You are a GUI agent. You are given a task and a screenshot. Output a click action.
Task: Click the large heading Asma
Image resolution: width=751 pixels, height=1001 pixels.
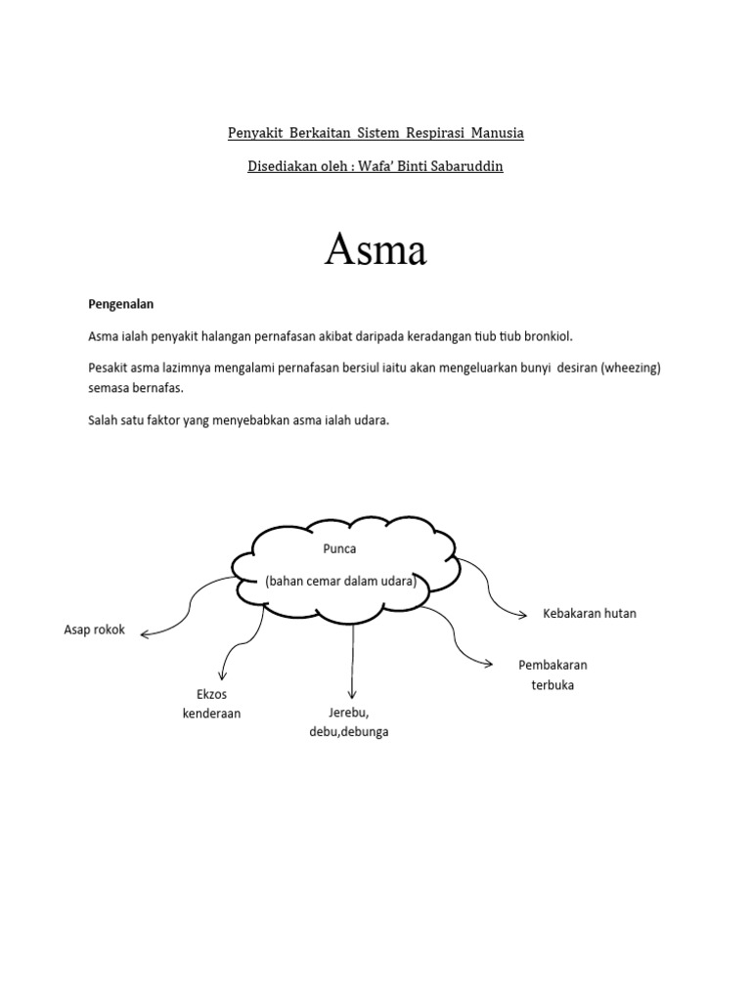pos(375,250)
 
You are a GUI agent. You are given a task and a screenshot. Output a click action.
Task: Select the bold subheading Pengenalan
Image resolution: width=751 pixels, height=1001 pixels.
pos(121,304)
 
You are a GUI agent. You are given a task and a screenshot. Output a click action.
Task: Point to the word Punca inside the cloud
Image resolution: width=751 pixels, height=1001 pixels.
pos(339,548)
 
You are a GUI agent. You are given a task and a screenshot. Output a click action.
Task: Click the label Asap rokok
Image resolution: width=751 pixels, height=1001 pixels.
pos(95,630)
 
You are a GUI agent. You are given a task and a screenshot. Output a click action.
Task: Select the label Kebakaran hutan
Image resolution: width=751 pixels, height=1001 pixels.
pos(590,613)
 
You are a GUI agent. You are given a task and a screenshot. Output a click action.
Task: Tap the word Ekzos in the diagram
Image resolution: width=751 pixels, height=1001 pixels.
pos(211,694)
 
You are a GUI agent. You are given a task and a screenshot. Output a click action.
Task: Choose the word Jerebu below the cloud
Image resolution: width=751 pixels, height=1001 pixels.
pos(347,712)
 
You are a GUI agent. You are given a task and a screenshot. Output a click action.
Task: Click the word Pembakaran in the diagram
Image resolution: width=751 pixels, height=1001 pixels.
pos(552,665)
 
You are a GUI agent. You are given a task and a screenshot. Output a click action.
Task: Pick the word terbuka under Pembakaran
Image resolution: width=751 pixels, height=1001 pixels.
pos(552,684)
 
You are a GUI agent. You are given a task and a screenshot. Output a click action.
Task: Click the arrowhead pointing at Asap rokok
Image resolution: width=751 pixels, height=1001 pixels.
pos(146,634)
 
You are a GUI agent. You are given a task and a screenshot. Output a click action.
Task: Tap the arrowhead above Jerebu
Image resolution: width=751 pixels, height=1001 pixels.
pos(352,693)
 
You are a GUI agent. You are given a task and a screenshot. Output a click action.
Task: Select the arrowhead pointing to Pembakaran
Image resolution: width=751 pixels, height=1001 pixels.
pos(488,664)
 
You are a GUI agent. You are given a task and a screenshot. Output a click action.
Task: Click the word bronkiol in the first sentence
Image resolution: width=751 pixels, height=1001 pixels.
pos(550,335)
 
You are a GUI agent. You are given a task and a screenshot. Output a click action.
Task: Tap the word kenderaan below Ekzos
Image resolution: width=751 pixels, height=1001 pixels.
pos(211,714)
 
